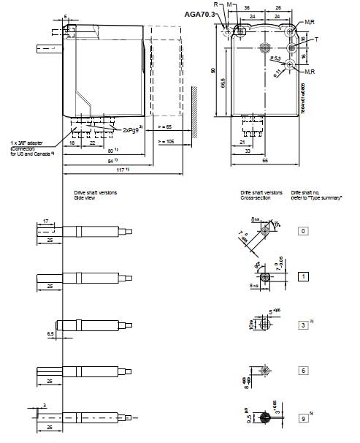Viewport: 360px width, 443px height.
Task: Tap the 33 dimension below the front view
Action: pos(248,151)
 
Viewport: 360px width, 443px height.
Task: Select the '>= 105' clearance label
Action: pos(166,140)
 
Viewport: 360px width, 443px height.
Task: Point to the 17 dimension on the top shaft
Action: pos(45,220)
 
